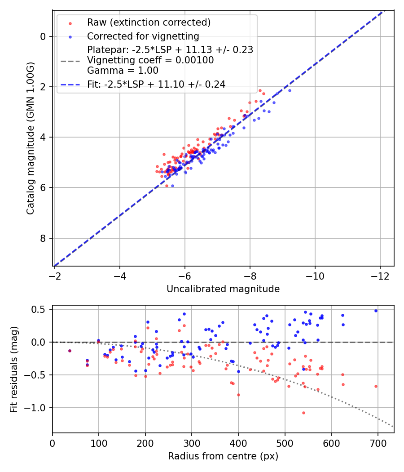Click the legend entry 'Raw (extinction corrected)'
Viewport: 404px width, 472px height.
pos(149,22)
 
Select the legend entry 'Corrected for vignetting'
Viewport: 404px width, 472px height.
pos(143,36)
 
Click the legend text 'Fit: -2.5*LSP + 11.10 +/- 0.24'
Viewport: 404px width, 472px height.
pos(156,84)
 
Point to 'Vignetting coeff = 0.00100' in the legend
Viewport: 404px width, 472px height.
pos(150,60)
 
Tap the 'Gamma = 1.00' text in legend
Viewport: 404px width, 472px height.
pos(123,70)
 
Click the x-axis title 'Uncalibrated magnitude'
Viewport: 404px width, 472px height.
pos(223,289)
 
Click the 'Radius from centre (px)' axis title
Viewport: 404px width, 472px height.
pos(223,456)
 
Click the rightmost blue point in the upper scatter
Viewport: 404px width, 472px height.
pos(290,90)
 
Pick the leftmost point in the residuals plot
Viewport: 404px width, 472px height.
pos(70,351)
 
